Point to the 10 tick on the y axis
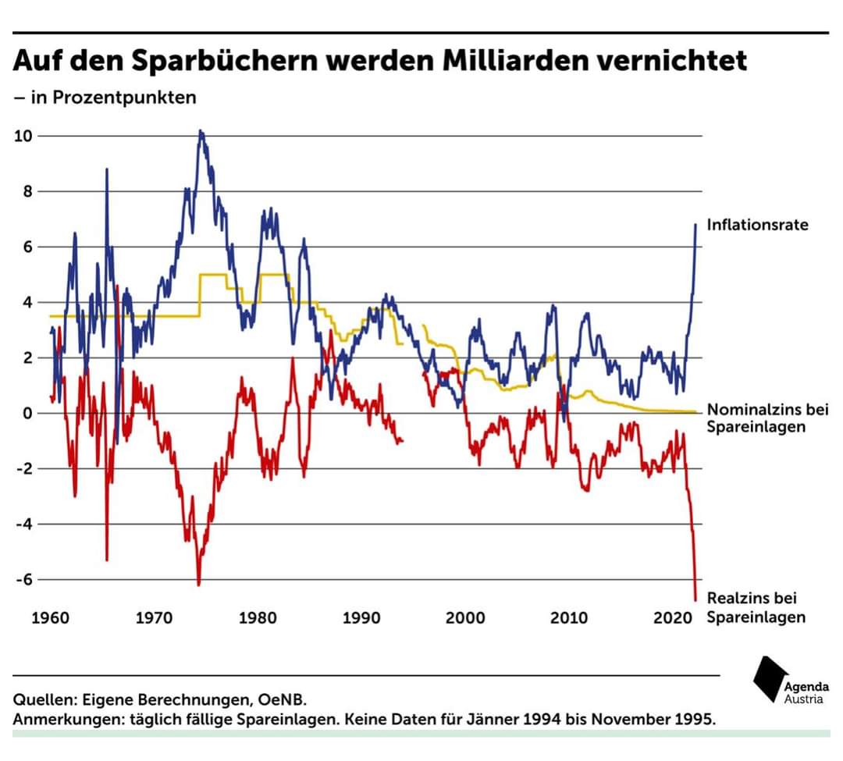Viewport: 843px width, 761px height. [23, 136]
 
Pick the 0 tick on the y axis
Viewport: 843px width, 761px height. [28, 413]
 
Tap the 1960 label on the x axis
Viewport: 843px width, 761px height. [50, 618]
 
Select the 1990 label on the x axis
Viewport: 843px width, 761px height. [361, 618]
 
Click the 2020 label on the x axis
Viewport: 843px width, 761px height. [672, 618]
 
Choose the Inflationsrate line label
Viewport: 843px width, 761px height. [757, 225]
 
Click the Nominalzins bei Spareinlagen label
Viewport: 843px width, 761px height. [756, 418]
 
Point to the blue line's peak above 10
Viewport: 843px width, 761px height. [201, 132]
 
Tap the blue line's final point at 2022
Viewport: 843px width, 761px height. [695, 225]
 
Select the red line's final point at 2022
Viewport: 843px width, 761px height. [695, 599]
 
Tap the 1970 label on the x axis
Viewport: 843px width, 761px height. [154, 618]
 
